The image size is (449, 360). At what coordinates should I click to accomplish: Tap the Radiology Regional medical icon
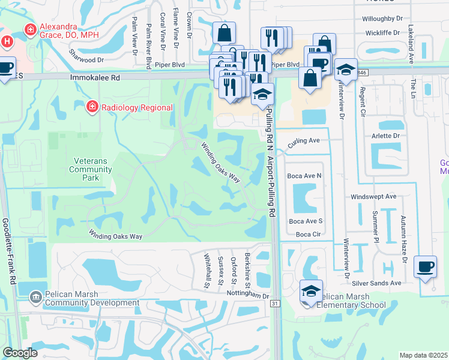92,107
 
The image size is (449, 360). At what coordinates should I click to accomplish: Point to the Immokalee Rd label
95,78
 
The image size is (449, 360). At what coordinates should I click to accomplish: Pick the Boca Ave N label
304,176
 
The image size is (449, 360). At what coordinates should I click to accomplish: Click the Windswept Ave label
373,196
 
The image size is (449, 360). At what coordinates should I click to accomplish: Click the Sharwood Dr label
86,60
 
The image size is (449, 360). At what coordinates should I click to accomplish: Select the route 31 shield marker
276,304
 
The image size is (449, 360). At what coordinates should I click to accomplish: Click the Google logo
20,353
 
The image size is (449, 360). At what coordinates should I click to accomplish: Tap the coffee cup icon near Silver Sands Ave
425,267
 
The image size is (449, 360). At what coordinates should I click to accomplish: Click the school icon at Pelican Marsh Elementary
311,292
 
